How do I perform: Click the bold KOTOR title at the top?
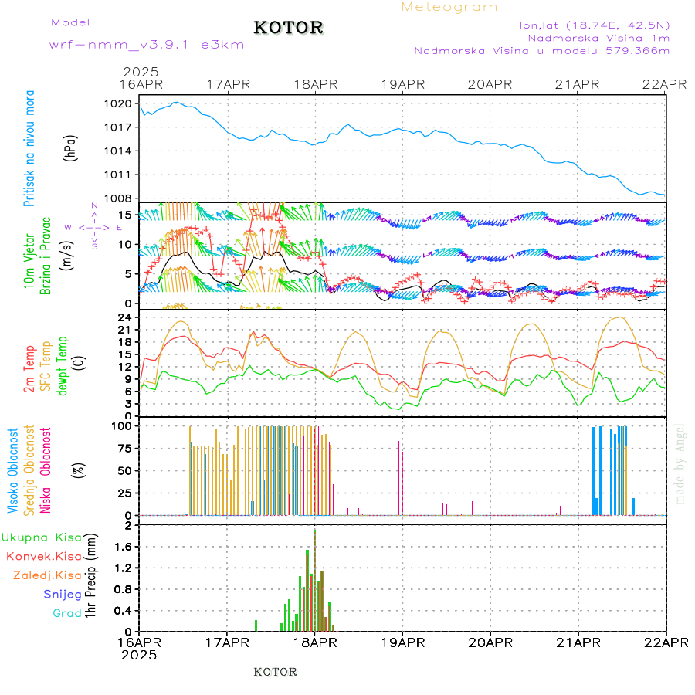click(289, 28)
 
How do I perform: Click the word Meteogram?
click(450, 7)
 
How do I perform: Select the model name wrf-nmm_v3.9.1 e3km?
click(147, 44)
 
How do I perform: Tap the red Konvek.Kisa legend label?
click(44, 556)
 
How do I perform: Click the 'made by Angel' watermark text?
click(680, 463)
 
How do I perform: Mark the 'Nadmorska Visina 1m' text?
click(598, 37)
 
